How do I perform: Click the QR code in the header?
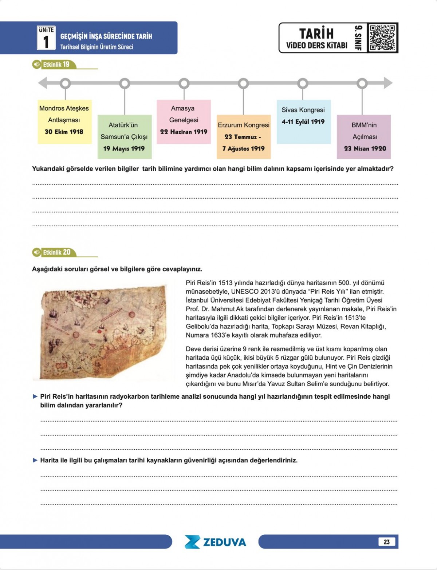click(x=382, y=37)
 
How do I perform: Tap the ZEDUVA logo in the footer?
click(x=215, y=542)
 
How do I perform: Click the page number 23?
click(x=386, y=542)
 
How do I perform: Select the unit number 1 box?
click(x=46, y=38)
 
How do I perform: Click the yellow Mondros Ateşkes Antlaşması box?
click(x=64, y=121)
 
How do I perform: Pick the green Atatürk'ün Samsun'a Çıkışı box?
click(x=125, y=137)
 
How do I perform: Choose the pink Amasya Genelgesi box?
click(x=184, y=121)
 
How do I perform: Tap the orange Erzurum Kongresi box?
click(x=244, y=137)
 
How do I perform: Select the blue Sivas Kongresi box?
click(x=303, y=121)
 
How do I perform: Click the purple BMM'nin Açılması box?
click(x=364, y=137)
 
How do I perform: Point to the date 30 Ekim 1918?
click(x=64, y=132)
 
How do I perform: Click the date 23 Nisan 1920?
click(x=365, y=148)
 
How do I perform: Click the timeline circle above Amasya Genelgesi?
click(x=184, y=83)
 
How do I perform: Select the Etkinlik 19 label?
click(x=56, y=65)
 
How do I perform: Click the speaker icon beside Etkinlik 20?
click(x=36, y=252)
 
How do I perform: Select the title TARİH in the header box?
click(x=316, y=33)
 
